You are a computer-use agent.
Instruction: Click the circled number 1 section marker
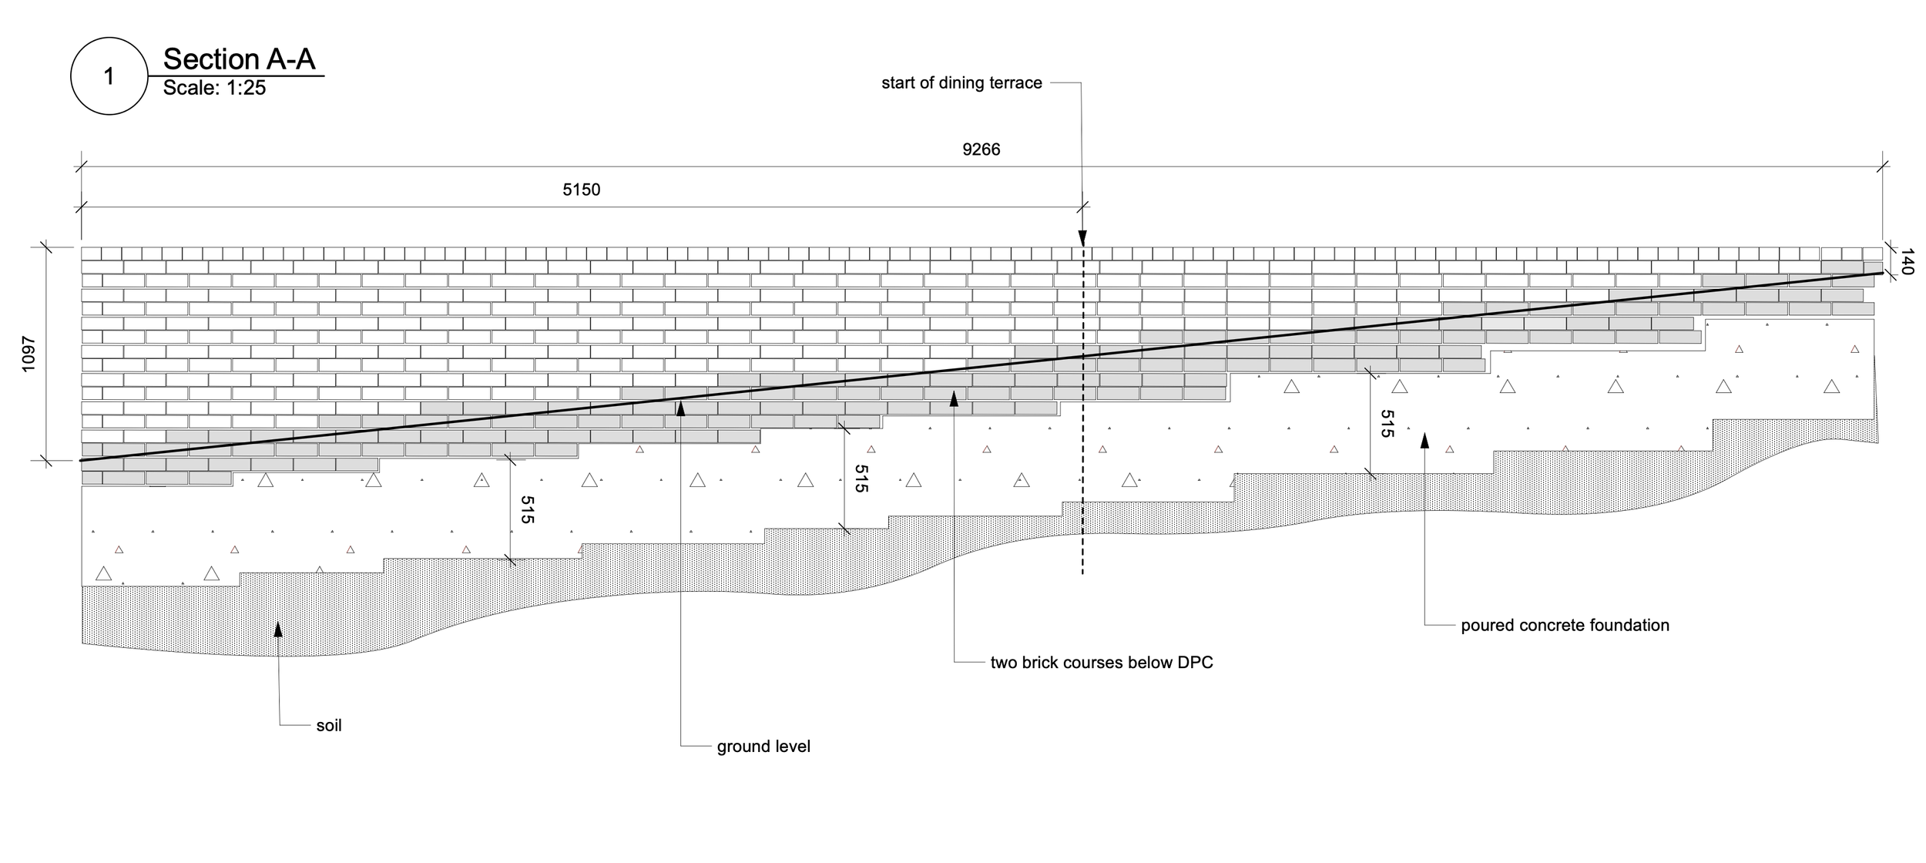pos(109,76)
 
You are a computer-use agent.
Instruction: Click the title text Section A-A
pos(239,59)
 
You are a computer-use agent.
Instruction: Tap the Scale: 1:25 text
pos(214,88)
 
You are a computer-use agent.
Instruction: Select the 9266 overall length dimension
pos(981,149)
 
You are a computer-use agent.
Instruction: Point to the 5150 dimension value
pos(581,190)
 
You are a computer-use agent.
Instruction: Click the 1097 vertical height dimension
pos(29,354)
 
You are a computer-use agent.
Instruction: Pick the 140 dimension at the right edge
pos(1908,261)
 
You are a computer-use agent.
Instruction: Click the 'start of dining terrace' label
pos(961,83)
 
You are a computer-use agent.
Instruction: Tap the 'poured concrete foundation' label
pos(1565,626)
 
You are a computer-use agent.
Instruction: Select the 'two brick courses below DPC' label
pos(1102,663)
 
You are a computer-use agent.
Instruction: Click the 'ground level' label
pos(763,747)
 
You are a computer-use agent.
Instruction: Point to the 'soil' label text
pos(329,726)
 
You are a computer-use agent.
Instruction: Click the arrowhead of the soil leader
pos(278,629)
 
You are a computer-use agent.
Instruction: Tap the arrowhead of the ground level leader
pos(681,407)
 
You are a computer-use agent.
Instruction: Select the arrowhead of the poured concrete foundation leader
pos(1424,440)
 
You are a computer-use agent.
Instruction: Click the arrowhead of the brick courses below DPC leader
pos(954,398)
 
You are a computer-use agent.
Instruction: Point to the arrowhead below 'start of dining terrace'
pos(1082,237)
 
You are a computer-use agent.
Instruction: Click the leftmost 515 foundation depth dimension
pos(527,510)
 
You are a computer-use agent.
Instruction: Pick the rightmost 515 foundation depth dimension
pos(1387,424)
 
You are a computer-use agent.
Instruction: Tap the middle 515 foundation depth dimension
pos(861,479)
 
